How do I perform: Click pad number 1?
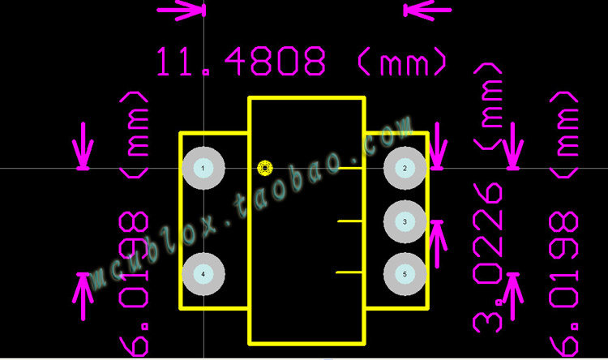(203, 169)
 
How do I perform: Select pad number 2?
(405, 169)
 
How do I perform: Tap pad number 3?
(405, 221)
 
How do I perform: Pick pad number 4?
(203, 275)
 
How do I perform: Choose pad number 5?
(405, 275)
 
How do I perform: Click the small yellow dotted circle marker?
(265, 168)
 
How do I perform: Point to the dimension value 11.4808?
(241, 62)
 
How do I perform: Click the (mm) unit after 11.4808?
(400, 62)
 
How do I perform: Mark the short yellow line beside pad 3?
(349, 221)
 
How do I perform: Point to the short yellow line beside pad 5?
(349, 273)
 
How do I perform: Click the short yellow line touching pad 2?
(349, 168)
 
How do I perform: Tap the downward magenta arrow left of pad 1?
(82, 148)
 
